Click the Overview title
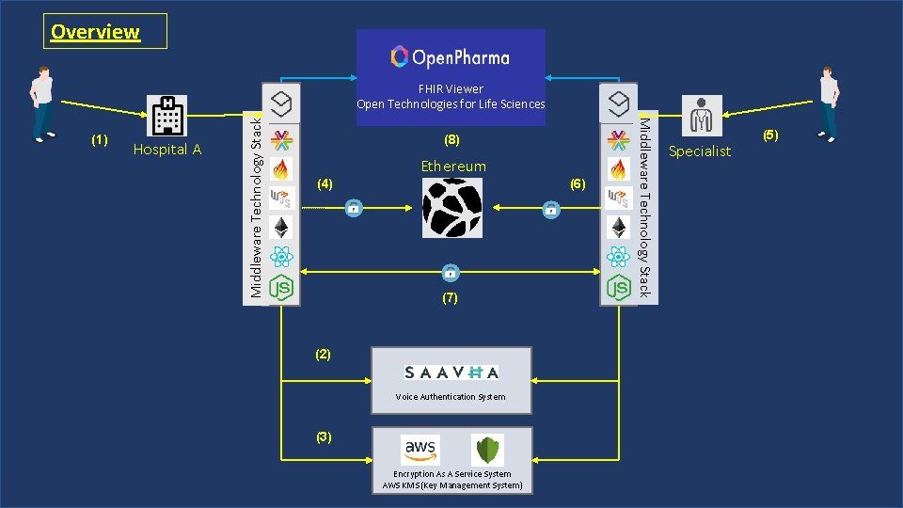click(x=95, y=32)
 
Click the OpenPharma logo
click(x=451, y=57)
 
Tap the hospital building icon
click(x=167, y=115)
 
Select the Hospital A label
click(x=167, y=150)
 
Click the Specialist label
click(x=699, y=151)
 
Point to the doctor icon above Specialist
click(x=701, y=116)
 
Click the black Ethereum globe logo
click(x=452, y=207)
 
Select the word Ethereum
click(x=453, y=167)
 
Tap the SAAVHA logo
click(x=451, y=372)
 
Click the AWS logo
click(x=420, y=449)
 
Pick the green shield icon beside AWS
click(x=487, y=450)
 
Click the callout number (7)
click(x=450, y=298)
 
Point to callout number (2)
click(x=324, y=355)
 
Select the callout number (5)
click(x=770, y=135)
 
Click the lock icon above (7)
click(x=451, y=273)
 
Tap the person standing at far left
click(x=41, y=103)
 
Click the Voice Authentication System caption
click(x=451, y=397)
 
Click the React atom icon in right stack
click(x=618, y=257)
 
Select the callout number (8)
click(x=452, y=140)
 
